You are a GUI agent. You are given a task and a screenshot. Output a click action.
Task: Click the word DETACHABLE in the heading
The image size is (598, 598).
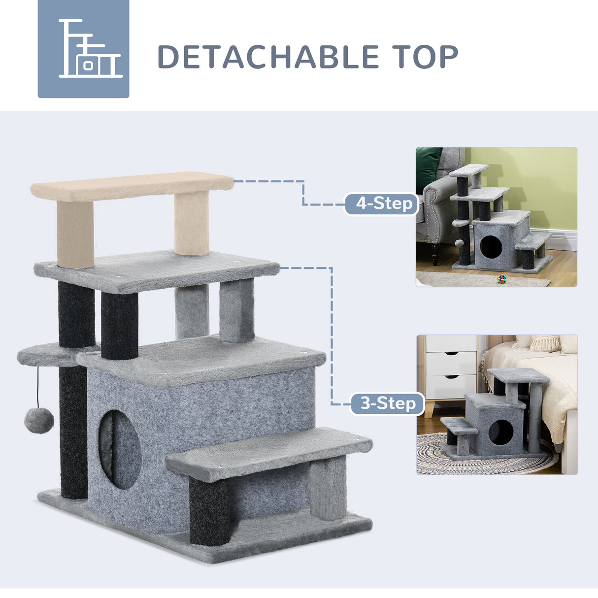coord(268,57)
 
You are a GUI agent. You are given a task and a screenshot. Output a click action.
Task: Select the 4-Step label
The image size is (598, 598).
coord(381,203)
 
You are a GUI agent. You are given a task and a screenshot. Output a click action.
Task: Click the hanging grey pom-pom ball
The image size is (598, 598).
coord(39,420)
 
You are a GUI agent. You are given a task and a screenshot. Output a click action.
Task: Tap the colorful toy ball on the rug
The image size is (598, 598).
coord(501,279)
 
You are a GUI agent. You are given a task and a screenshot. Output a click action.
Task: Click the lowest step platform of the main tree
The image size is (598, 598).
coord(269,451)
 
